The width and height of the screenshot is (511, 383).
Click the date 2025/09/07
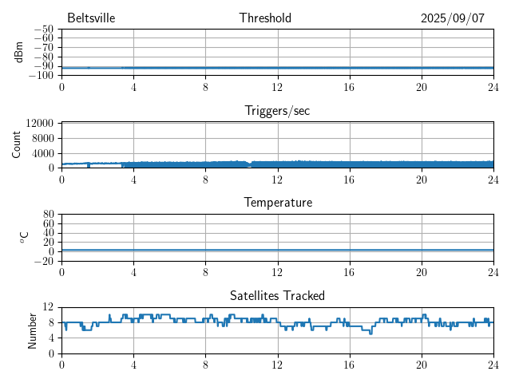453,18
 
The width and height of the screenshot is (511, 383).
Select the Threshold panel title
265,18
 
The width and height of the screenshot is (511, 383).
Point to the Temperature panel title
277,203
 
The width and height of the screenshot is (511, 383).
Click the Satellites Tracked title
277,296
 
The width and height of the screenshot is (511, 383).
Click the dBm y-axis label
18,52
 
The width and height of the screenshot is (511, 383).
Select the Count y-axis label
17,144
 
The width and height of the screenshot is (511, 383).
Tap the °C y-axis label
24,237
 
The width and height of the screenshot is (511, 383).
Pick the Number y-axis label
33,330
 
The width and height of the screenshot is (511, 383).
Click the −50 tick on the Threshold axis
43,29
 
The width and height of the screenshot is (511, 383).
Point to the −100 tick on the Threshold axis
41,76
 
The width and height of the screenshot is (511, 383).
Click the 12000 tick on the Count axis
40,124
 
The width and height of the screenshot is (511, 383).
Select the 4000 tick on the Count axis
43,153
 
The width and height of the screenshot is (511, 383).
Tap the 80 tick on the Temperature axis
48,215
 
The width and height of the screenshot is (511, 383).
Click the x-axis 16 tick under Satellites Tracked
349,365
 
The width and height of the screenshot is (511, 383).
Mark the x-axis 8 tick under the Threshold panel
205,87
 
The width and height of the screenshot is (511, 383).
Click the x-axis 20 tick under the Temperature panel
421,272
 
